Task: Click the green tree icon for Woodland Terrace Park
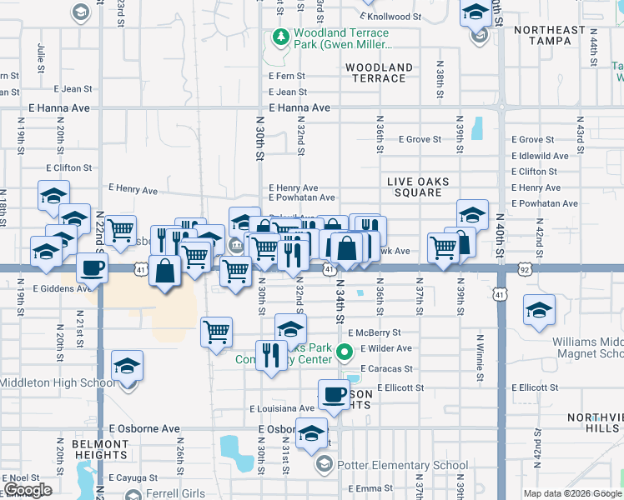coord(280,37)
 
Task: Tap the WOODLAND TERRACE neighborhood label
coord(379,72)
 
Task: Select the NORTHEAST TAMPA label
coord(550,36)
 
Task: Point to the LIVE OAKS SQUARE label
coord(418,187)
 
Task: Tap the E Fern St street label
coord(287,76)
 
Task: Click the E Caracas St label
coord(386,368)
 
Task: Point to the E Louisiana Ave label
coord(282,409)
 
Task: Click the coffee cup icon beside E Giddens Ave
coord(92,267)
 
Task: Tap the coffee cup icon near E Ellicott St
coord(334,394)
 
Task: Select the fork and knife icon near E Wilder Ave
coord(269,355)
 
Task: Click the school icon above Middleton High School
coord(127,366)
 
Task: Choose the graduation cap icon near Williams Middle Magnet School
coord(539,311)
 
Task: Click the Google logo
coord(28,490)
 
